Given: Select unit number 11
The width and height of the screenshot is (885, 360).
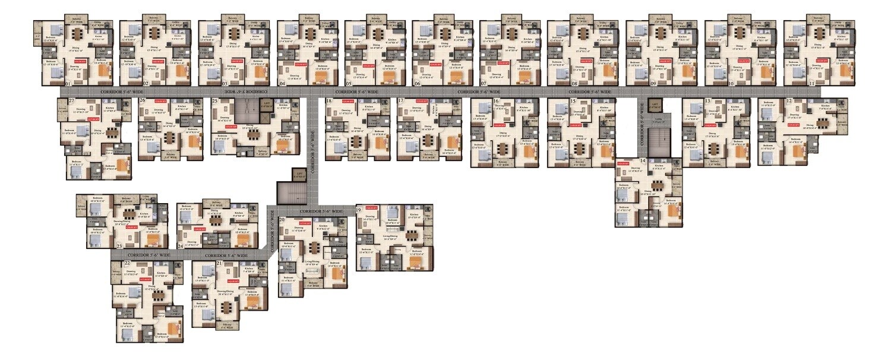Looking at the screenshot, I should click(811, 84).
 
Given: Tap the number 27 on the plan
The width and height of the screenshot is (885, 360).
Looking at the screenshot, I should click(71, 102).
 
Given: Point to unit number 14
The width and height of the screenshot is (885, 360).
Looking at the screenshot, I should click(642, 162).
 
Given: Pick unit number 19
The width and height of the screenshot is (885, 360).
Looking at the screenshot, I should click(359, 210).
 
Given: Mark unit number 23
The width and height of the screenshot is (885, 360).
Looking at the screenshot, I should click(119, 245).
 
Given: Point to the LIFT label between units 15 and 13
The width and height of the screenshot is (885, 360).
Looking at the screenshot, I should click(656, 105).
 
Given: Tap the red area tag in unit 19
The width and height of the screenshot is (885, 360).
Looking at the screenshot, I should click(372, 207).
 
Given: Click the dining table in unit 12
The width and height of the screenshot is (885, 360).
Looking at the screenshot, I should click(822, 125).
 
